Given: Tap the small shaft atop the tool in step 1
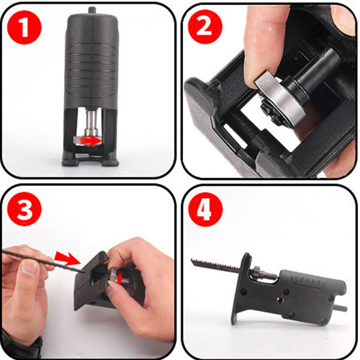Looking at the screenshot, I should click(91, 10).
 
